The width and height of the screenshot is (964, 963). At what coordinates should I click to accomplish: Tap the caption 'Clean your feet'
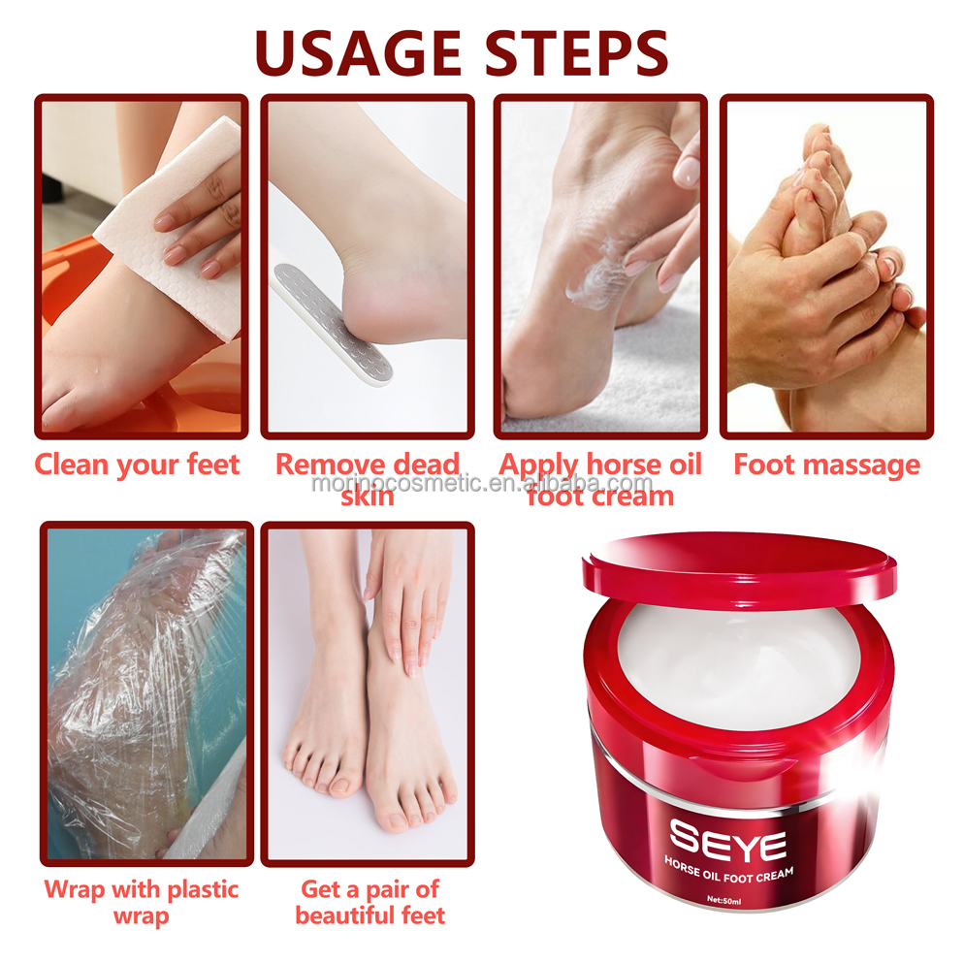pyautogui.click(x=138, y=465)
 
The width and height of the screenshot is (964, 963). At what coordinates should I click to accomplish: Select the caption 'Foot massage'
pyautogui.click(x=826, y=465)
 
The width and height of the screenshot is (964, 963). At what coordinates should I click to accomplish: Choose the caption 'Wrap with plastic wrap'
pyautogui.click(x=142, y=902)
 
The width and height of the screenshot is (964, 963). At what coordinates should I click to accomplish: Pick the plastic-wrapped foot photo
pyautogui.click(x=145, y=693)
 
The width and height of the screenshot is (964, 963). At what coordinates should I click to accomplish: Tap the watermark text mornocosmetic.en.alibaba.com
pyautogui.click(x=483, y=484)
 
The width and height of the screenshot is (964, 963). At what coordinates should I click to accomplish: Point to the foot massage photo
pyautogui.click(x=826, y=267)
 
